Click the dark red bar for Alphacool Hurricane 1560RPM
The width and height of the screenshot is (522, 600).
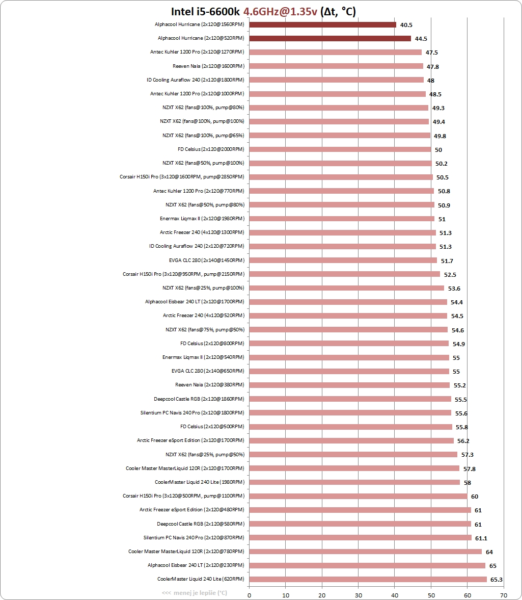coord(322,25)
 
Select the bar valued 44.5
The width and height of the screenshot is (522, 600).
coord(330,39)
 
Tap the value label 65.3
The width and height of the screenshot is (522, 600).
coord(497,579)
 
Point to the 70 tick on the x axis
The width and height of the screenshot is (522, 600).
coord(504,595)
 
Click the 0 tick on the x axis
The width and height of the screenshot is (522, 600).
coord(249,595)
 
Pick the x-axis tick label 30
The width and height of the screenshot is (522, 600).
coord(359,595)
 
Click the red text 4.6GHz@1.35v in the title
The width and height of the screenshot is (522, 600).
coord(280,12)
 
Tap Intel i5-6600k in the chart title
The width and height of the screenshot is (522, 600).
coord(205,12)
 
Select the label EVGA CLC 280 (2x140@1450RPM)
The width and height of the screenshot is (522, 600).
coord(207,260)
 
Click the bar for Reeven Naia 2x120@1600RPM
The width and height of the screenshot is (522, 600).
coord(336,66)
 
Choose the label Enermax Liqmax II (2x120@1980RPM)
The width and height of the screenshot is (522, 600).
coord(202,219)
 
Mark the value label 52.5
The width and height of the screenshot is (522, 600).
coord(450,275)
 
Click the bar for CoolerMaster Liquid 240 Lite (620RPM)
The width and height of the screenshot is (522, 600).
coord(368,579)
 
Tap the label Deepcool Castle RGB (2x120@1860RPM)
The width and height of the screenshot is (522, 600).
coord(199,399)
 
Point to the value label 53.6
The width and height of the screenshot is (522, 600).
coord(454,289)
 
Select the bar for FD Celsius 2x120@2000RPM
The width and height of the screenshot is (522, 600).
coord(340,149)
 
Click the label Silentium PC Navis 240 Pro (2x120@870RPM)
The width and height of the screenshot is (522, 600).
coord(194,538)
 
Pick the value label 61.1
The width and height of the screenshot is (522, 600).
coord(481,538)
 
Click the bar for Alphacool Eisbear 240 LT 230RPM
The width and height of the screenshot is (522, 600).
coord(367,565)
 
